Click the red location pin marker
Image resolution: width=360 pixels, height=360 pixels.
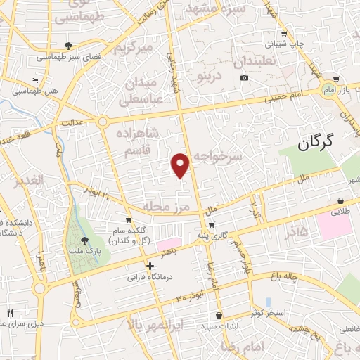(181, 165)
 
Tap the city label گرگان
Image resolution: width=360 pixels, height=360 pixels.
(323, 144)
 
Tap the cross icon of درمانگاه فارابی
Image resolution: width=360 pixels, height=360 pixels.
(150, 266)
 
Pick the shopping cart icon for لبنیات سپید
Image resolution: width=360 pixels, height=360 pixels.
(219, 315)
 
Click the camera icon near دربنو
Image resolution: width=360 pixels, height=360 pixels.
(244, 77)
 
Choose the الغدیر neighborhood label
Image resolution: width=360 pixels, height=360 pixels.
(28, 181)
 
